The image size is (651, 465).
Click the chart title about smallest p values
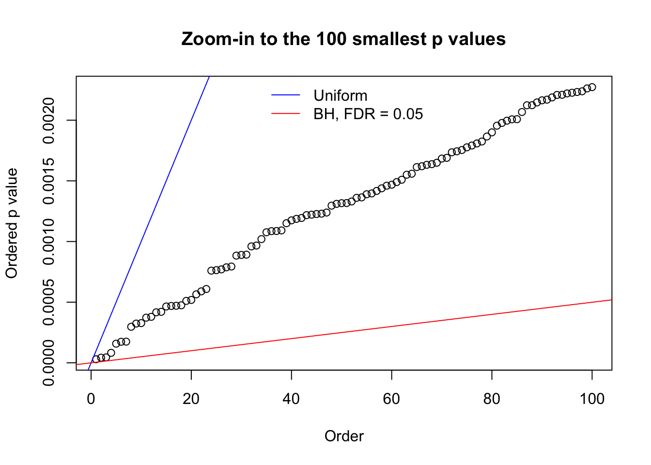pyautogui.click(x=343, y=39)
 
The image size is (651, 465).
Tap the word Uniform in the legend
pyautogui.click(x=340, y=95)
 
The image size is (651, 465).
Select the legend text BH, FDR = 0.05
pyautogui.click(x=368, y=114)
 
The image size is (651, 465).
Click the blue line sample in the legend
pyautogui.click(x=286, y=95)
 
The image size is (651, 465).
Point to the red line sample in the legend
pyautogui.click(x=286, y=114)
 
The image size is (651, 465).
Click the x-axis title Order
pyautogui.click(x=344, y=436)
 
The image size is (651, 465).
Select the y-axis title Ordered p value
pyautogui.click(x=12, y=223)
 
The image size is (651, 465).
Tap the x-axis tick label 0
pyautogui.click(x=91, y=399)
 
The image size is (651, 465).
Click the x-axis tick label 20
pyautogui.click(x=191, y=399)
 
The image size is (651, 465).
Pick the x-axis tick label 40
pyautogui.click(x=292, y=399)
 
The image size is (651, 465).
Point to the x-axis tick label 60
pyautogui.click(x=391, y=399)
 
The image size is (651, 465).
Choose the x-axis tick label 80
pyautogui.click(x=492, y=399)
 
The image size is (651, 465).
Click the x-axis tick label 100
pyautogui.click(x=592, y=399)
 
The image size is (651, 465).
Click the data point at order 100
pyautogui.click(x=592, y=87)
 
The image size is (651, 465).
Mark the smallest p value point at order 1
pyautogui.click(x=96, y=359)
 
